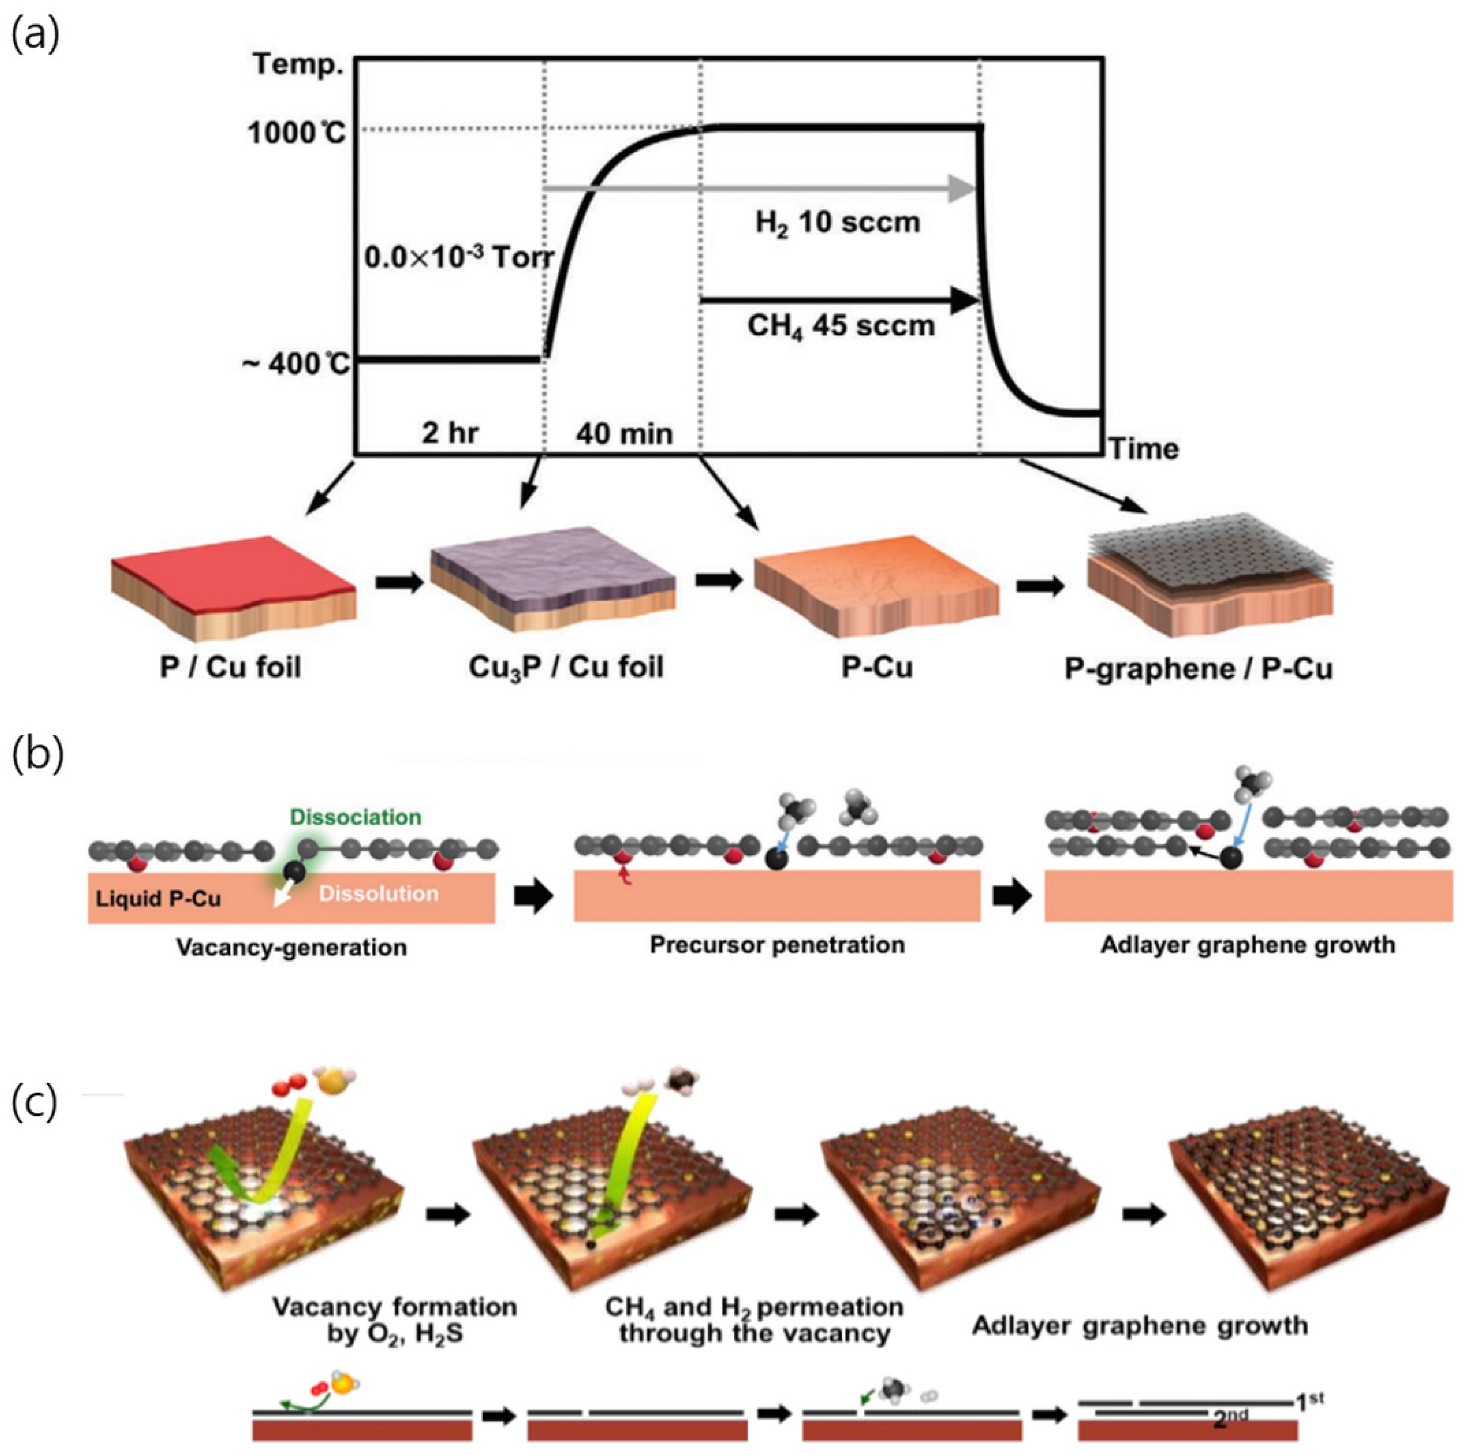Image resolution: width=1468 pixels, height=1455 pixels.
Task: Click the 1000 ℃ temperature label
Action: click(296, 133)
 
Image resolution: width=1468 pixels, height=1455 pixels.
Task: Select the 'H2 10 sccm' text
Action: click(837, 222)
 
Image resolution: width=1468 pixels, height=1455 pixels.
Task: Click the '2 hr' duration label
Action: click(450, 433)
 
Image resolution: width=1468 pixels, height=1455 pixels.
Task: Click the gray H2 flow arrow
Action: click(760, 188)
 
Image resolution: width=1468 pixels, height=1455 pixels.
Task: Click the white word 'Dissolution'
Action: click(378, 893)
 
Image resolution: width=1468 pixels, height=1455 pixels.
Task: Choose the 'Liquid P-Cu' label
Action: click(158, 899)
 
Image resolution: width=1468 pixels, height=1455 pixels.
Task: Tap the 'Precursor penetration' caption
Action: click(776, 945)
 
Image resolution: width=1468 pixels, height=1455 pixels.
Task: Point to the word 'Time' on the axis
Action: click(1143, 449)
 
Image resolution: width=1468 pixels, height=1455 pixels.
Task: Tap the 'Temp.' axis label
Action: click(299, 64)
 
